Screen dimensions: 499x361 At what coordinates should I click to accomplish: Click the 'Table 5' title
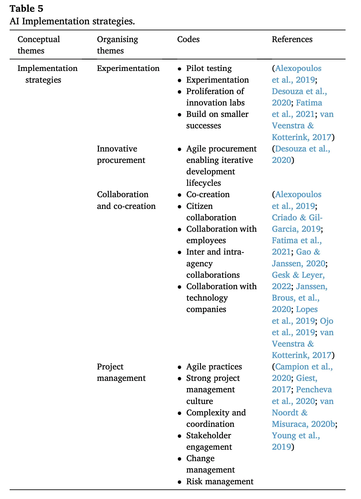pyautogui.click(x=26, y=9)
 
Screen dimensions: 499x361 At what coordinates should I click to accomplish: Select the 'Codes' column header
pyautogui.click(x=188, y=39)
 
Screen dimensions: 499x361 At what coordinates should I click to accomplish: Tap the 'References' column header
pyautogui.click(x=292, y=39)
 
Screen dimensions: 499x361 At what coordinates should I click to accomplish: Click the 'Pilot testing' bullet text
pyautogui.click(x=209, y=69)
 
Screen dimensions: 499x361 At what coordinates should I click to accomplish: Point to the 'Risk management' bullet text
pyautogui.click(x=220, y=482)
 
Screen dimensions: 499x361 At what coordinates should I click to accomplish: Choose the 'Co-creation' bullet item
pyautogui.click(x=208, y=194)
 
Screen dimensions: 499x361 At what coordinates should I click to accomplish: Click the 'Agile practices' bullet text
pyautogui.click(x=214, y=367)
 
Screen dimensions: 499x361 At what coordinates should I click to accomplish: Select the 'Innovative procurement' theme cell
pyautogui.click(x=121, y=155)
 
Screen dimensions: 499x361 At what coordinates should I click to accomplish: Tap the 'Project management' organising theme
pyautogui.click(x=121, y=372)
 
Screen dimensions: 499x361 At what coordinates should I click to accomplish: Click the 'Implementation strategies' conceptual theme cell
pyautogui.click(x=47, y=74)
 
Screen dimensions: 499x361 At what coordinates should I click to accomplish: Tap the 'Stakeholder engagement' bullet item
pyautogui.click(x=209, y=441)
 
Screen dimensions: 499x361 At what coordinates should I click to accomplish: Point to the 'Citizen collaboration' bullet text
pyautogui.click(x=211, y=212)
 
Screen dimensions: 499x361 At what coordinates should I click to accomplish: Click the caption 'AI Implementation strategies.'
pyautogui.click(x=72, y=21)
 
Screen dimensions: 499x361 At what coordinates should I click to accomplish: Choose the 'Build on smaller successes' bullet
pyautogui.click(x=217, y=120)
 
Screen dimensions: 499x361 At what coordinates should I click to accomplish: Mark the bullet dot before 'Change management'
pyautogui.click(x=179, y=459)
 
